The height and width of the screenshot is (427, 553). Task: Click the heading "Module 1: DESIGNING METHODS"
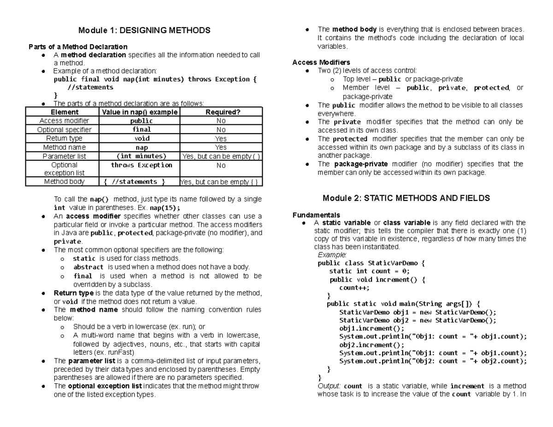coord(144,30)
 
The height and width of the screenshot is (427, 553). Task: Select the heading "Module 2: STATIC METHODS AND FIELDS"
coord(406,198)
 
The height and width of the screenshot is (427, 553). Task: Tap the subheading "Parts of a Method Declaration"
coord(78,47)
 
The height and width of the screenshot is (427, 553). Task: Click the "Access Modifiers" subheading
coord(321,62)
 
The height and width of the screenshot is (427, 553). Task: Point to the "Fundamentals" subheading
coord(316,215)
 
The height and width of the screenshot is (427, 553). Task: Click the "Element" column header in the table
coord(64,112)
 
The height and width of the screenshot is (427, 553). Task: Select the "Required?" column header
coord(221,112)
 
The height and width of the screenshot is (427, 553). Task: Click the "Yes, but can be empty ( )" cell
coord(221,156)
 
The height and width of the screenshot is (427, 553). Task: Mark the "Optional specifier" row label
coord(64,129)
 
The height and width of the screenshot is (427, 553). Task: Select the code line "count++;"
coord(354,288)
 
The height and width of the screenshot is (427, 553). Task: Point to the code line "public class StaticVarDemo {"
coord(371,263)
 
